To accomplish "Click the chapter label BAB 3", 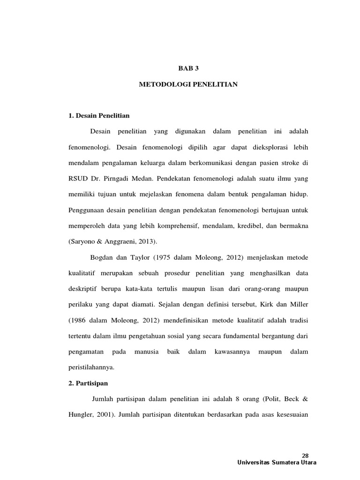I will coord(188,68).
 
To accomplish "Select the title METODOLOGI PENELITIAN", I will coord(188,84).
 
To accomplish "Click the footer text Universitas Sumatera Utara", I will coord(277,463).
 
